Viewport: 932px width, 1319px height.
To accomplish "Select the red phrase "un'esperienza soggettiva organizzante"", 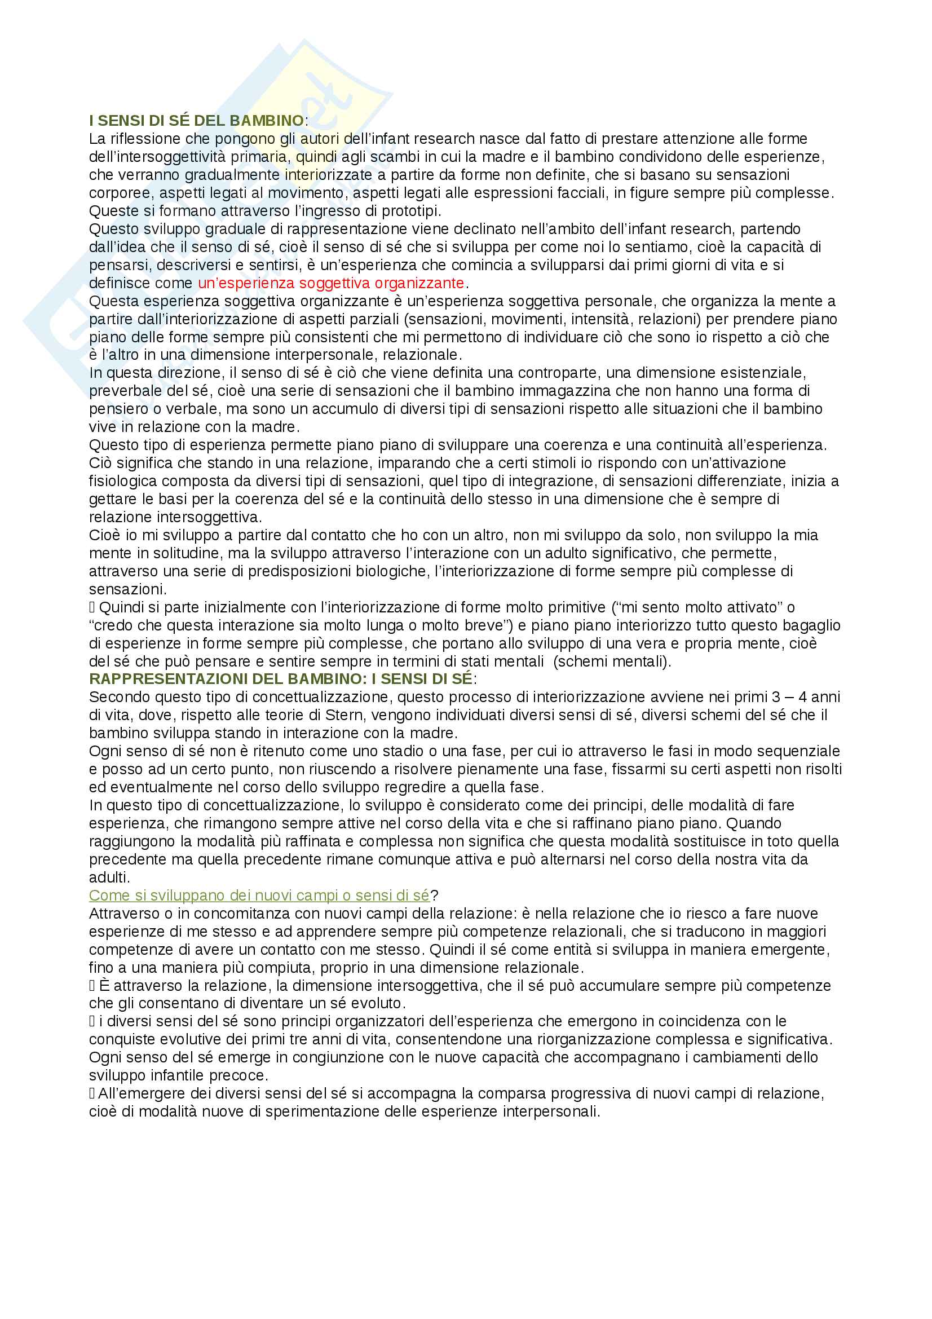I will click(x=331, y=283).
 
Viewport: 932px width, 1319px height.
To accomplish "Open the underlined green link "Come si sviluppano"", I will click(x=258, y=895).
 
